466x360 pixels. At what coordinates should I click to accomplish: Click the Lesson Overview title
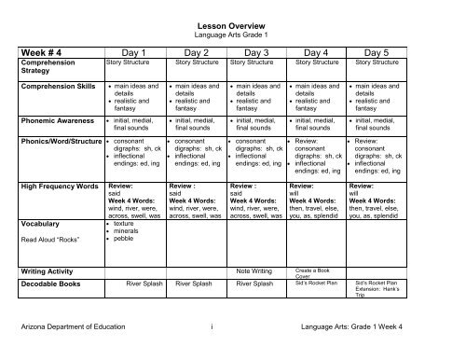click(x=233, y=22)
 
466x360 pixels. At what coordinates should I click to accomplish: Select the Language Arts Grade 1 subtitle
click(x=233, y=33)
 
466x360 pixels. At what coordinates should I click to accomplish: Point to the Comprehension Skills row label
click(x=56, y=87)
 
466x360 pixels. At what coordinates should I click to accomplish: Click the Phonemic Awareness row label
click(x=53, y=120)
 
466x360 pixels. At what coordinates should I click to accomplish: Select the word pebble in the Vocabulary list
click(x=121, y=241)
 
